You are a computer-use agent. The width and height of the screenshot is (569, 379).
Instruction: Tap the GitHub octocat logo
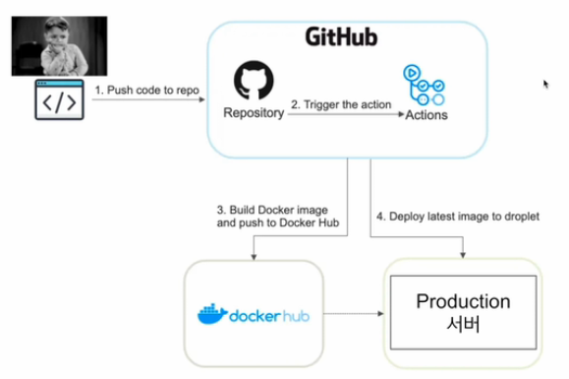(253, 82)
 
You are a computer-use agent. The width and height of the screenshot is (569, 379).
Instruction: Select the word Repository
(253, 113)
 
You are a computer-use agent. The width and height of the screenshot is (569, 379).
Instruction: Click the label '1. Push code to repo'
(146, 90)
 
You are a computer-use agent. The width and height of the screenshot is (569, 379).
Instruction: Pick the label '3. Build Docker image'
(274, 210)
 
